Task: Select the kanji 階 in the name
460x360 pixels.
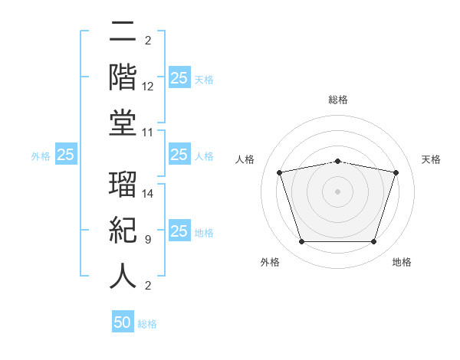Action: pyautogui.click(x=123, y=77)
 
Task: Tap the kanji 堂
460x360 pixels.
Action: pyautogui.click(x=123, y=123)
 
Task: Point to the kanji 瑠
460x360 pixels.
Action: pyautogui.click(x=123, y=184)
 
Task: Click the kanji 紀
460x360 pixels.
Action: pyautogui.click(x=123, y=230)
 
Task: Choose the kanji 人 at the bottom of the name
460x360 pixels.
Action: pyautogui.click(x=123, y=277)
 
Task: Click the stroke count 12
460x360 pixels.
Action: pyautogui.click(x=147, y=87)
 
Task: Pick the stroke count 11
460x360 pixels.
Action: pyautogui.click(x=147, y=133)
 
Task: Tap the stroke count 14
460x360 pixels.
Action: pyautogui.click(x=147, y=194)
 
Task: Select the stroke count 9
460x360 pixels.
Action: pyautogui.click(x=148, y=240)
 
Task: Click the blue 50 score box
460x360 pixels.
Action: pyautogui.click(x=123, y=321)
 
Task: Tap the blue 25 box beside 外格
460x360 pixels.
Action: pyautogui.click(x=66, y=154)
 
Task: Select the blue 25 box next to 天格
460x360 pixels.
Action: pyautogui.click(x=180, y=77)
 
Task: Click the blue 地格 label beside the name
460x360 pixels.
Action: pyautogui.click(x=204, y=233)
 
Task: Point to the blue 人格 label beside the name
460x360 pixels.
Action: pyautogui.click(x=204, y=156)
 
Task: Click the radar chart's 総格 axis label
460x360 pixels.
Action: pyautogui.click(x=338, y=100)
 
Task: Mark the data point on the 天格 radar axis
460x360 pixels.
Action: pyautogui.click(x=396, y=172)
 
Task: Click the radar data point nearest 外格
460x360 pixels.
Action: pyautogui.click(x=302, y=242)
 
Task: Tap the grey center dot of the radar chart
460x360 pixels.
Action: pyautogui.click(x=337, y=191)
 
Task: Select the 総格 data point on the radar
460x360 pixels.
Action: pyautogui.click(x=338, y=162)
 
